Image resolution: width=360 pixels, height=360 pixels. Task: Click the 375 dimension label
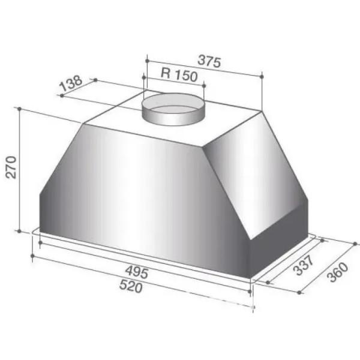[x=209, y=61]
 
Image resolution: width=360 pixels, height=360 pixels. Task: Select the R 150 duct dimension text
[x=179, y=74]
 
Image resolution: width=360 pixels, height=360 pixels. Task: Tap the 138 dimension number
[x=70, y=83]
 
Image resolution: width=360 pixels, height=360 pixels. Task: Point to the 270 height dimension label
[x=11, y=167]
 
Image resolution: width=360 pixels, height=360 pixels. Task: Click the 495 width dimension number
[x=137, y=272]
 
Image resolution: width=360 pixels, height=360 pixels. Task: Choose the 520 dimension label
[x=131, y=287]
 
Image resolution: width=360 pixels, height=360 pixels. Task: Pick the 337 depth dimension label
[x=304, y=265]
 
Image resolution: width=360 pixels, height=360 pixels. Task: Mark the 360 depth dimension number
[x=337, y=272]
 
